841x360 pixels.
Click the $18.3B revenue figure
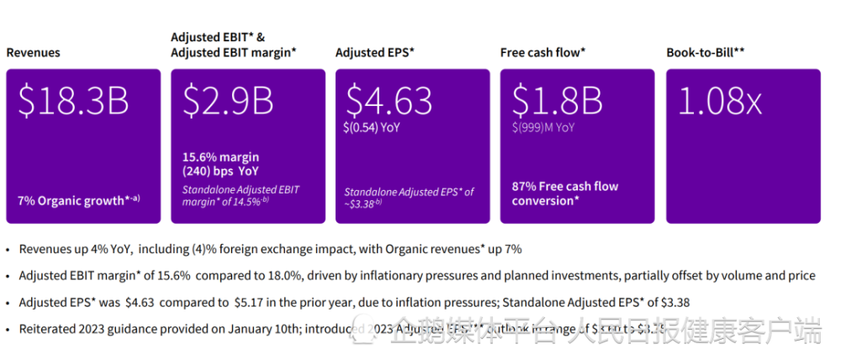pyautogui.click(x=74, y=102)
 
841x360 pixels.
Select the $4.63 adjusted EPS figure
pyautogui.click(x=389, y=102)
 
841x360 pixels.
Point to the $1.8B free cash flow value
pyautogui.click(x=558, y=102)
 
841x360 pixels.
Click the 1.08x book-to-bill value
pyautogui.click(x=719, y=102)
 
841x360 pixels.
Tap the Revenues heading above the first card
pyautogui.click(x=34, y=53)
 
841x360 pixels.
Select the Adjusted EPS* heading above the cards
pyautogui.click(x=375, y=53)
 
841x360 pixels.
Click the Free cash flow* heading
pyautogui.click(x=542, y=53)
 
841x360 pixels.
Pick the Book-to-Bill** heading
pyautogui.click(x=706, y=53)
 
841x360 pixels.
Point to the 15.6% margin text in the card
pyautogui.click(x=221, y=157)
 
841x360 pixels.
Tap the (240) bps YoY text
pyautogui.click(x=220, y=171)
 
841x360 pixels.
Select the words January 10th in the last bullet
pyautogui.click(x=231, y=328)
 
